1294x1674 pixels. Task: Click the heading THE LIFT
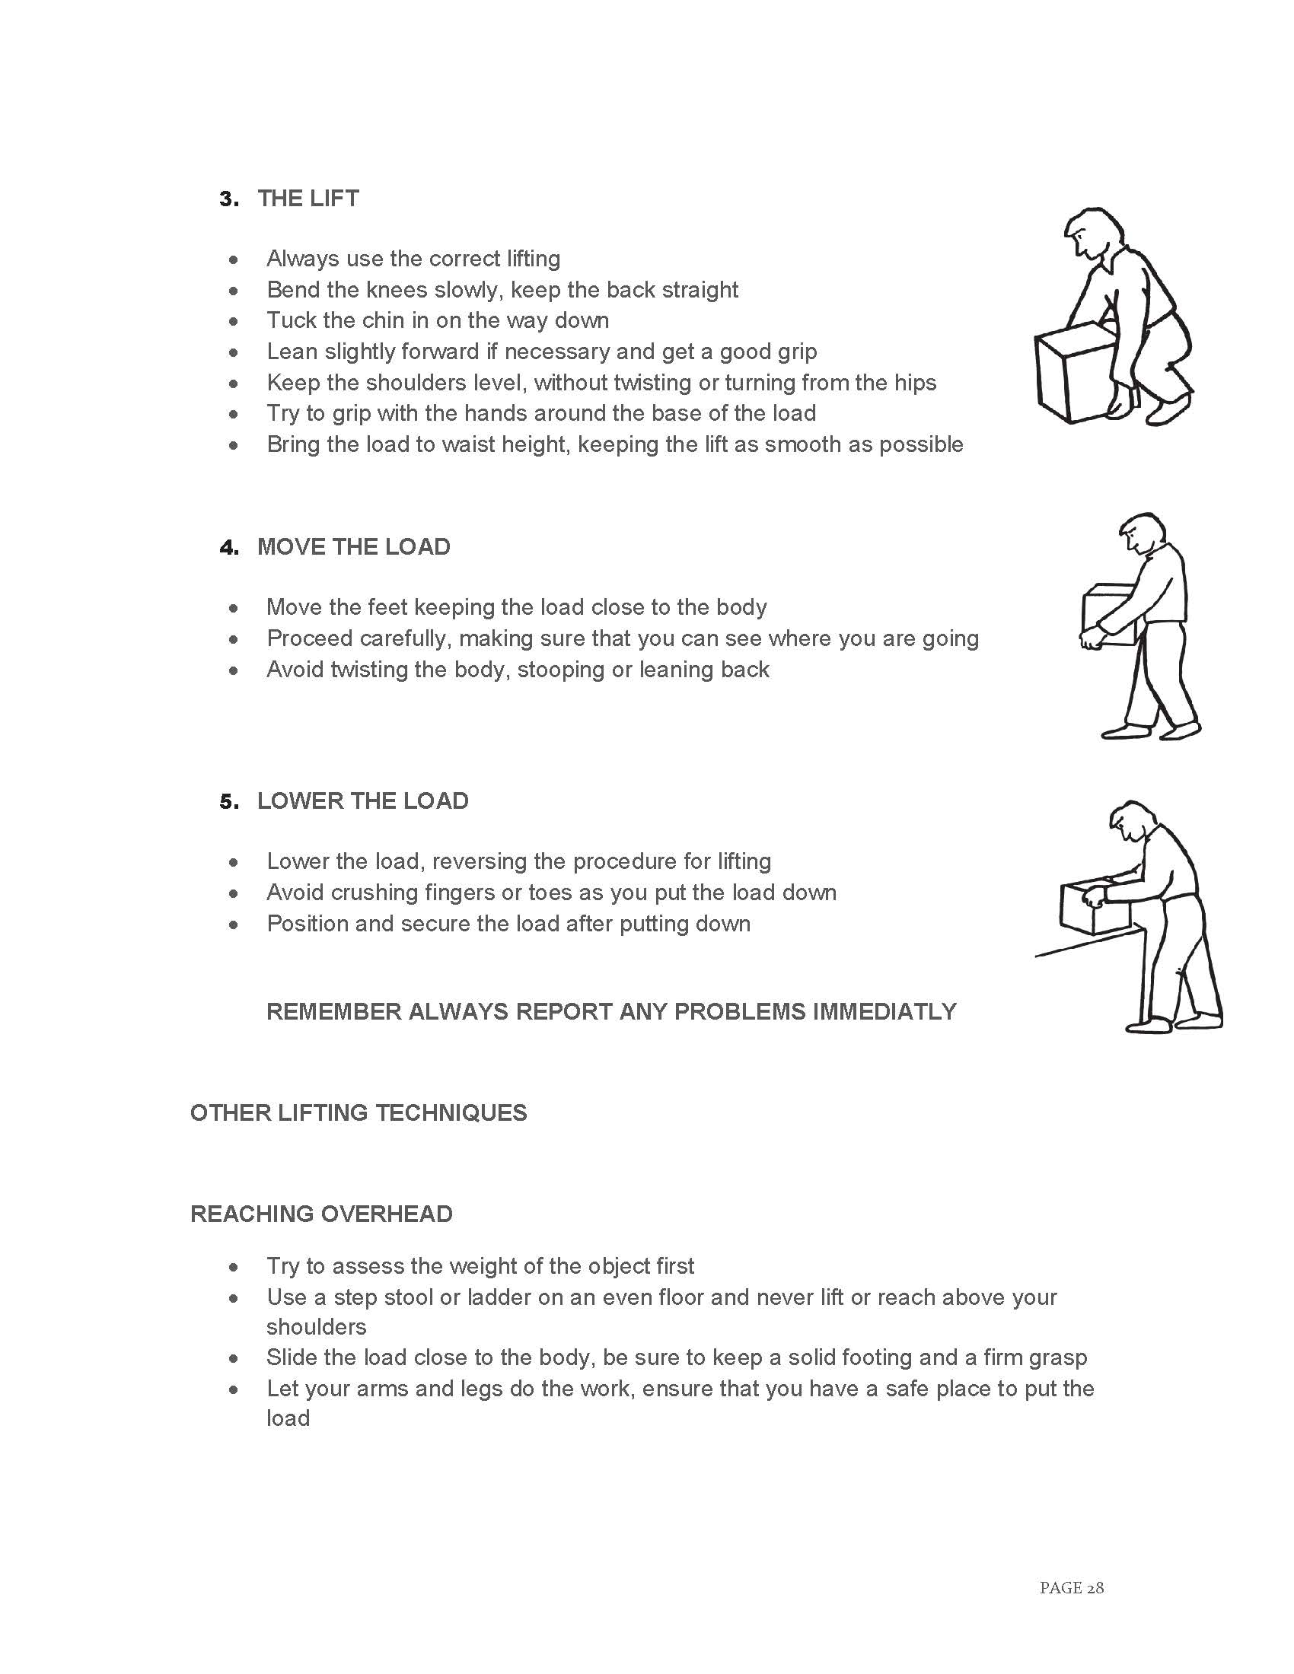[308, 199]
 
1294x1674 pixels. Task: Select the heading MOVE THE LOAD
[353, 547]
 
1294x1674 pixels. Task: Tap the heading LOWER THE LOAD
[362, 801]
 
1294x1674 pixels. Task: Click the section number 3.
[228, 199]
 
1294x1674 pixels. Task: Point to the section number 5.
[228, 802]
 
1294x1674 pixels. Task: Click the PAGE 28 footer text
[1071, 1588]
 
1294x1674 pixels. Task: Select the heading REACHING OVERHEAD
[321, 1214]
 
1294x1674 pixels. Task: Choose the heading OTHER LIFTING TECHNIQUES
[358, 1113]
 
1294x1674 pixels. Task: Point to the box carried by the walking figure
[1108, 613]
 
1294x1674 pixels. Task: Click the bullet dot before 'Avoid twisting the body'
[234, 670]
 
